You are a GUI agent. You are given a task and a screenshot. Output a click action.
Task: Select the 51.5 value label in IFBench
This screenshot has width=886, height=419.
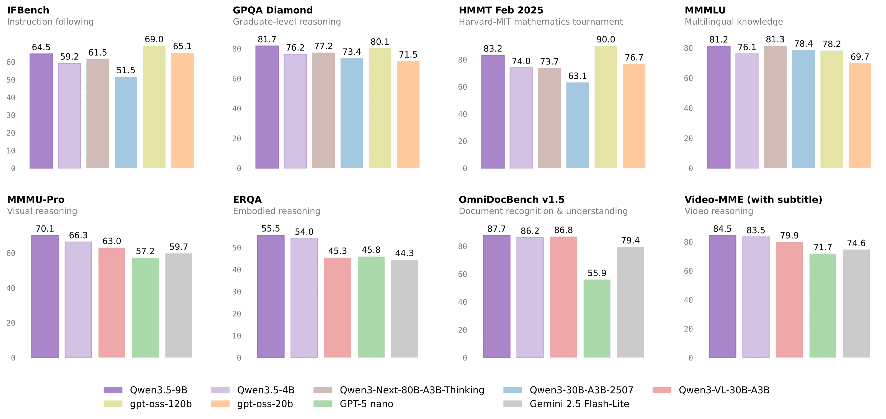[x=126, y=71]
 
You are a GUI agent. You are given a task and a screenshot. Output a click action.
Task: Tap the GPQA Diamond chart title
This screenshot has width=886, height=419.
[x=273, y=10]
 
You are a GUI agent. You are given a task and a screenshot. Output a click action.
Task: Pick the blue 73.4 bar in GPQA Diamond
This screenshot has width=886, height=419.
[x=352, y=113]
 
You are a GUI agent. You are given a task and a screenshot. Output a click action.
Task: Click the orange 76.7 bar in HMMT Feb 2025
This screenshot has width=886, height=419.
[x=633, y=116]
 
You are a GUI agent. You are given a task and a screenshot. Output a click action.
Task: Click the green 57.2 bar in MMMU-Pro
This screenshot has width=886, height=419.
[x=145, y=308]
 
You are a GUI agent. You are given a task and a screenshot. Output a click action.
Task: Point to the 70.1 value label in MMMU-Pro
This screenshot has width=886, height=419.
[x=45, y=229]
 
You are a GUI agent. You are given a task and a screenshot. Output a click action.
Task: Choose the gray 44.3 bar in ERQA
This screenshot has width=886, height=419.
[x=404, y=309]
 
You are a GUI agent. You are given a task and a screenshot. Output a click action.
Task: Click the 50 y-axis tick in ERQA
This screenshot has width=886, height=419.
[x=237, y=248]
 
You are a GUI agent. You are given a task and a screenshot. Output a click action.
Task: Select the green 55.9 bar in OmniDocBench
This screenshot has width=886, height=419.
[x=596, y=319]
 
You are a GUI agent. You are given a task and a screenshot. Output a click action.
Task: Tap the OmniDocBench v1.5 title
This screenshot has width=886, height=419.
[x=511, y=200]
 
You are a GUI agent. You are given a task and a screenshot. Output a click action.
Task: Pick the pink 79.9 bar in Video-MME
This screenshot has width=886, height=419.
[x=789, y=300]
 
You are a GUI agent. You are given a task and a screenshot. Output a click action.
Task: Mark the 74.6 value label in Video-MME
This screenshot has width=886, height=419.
[x=856, y=243]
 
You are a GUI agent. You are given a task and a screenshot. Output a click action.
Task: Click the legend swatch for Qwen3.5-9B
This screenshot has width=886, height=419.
[x=113, y=390]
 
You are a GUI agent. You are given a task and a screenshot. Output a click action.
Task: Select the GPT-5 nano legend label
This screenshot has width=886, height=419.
[x=366, y=404]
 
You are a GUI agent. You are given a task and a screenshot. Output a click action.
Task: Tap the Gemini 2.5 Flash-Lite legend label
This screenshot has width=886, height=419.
[x=579, y=404]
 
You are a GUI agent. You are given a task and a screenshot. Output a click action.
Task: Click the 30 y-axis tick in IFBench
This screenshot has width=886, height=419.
[x=11, y=115]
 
